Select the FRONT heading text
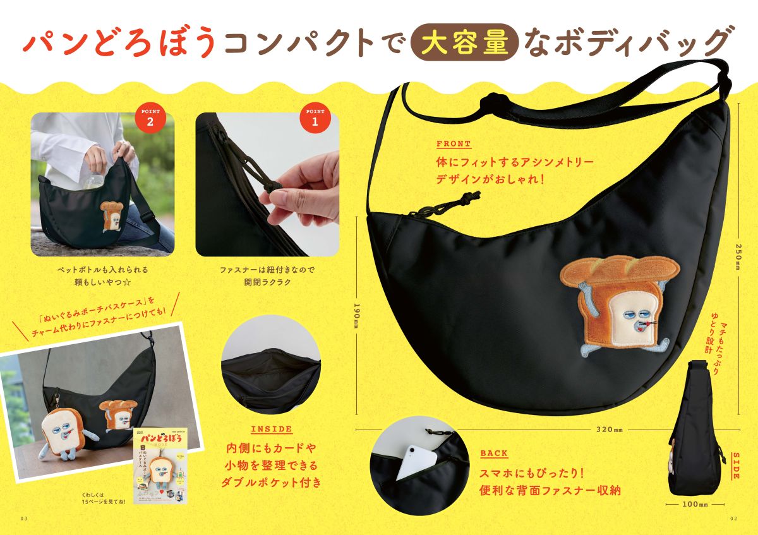click(454, 144)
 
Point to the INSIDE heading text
click(272, 430)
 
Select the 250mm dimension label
click(737, 256)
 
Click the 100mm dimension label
click(695, 505)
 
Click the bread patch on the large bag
click(619, 303)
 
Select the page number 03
click(25, 519)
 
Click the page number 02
click(733, 519)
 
